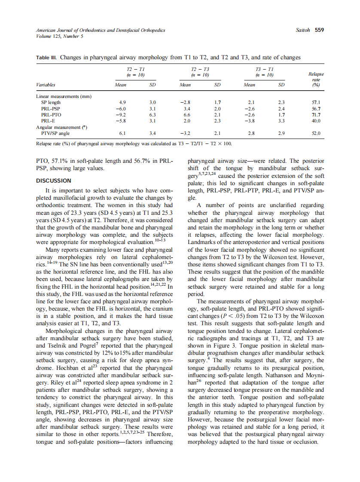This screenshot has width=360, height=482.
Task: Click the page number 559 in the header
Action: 319,30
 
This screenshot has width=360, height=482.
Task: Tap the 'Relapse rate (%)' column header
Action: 316,79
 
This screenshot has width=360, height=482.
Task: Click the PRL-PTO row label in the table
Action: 51,115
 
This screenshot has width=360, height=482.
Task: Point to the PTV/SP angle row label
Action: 56,133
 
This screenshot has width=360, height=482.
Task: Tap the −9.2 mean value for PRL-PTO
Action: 121,115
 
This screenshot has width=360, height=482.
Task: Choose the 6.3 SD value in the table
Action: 152,115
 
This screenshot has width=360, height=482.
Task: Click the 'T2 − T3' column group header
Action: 201,69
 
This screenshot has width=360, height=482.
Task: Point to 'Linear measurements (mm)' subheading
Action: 64,96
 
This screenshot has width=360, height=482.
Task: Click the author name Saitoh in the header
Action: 304,30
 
